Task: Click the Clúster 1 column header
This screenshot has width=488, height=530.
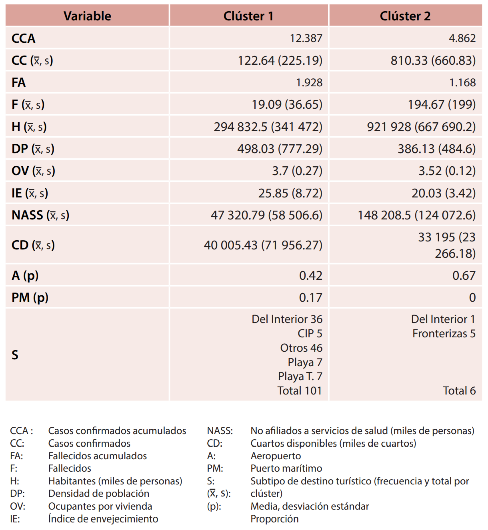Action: pos(248,16)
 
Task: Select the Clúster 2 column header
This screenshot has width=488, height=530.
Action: pos(405,16)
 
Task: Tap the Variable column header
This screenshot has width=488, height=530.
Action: pos(87,16)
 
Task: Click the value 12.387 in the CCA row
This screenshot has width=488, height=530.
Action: pos(306,38)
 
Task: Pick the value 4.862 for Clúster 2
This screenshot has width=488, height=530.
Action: pos(462,38)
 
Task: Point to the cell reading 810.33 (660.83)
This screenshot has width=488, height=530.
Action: pos(433,60)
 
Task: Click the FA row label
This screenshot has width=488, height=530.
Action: pos(19,82)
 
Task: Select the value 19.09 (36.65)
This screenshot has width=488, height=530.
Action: pos(287,104)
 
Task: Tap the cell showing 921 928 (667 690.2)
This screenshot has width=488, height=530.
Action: pos(421,127)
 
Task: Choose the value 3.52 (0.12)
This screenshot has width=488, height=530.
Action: pos(447,171)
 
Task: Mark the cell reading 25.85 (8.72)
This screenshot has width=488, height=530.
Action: pos(290,193)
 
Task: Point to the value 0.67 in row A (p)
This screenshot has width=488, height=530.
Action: pos(464,275)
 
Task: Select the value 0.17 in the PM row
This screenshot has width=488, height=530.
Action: pos(310,297)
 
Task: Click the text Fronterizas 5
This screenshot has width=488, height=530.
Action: pos(444,333)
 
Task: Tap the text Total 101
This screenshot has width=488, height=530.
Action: pos(300,391)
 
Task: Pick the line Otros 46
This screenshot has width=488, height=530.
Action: pos(301,348)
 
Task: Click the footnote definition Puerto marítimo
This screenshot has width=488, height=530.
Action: pos(286,468)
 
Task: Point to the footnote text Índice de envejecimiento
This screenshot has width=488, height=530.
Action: pos(103,519)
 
